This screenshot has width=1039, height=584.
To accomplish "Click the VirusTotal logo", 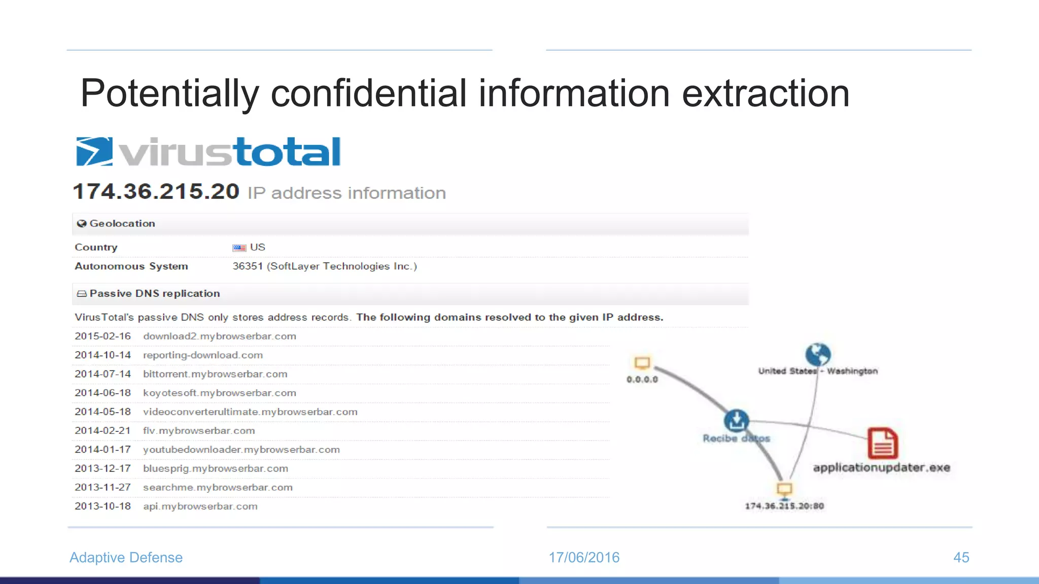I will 208,152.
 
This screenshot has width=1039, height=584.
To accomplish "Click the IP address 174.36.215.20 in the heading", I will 156,192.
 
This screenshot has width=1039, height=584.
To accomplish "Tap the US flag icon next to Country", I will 239,248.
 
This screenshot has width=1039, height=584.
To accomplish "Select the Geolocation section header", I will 122,224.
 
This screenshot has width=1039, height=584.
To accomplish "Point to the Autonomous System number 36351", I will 248,266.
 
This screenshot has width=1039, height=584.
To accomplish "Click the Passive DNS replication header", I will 154,294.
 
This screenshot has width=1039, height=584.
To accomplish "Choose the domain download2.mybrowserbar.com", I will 219,336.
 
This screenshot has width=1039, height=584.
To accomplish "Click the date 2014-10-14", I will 102,355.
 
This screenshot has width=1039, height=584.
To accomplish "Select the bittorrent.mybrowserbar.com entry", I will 215,374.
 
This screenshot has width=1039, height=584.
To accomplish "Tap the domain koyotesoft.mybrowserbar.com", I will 219,393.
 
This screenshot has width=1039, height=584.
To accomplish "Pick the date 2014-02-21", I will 102,430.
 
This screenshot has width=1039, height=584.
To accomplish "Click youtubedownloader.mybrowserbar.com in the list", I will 241,450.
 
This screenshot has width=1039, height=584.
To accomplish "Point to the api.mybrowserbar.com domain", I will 200,506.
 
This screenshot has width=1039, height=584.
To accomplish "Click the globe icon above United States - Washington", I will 818,354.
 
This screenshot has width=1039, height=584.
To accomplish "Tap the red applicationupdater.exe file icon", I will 882,443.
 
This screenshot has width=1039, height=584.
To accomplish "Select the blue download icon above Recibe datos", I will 736,420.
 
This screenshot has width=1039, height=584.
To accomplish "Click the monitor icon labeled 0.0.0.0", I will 642,363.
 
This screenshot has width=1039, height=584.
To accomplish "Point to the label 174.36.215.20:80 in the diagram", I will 784,506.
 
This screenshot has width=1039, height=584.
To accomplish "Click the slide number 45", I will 961,557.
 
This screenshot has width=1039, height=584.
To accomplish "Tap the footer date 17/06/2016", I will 584,557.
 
